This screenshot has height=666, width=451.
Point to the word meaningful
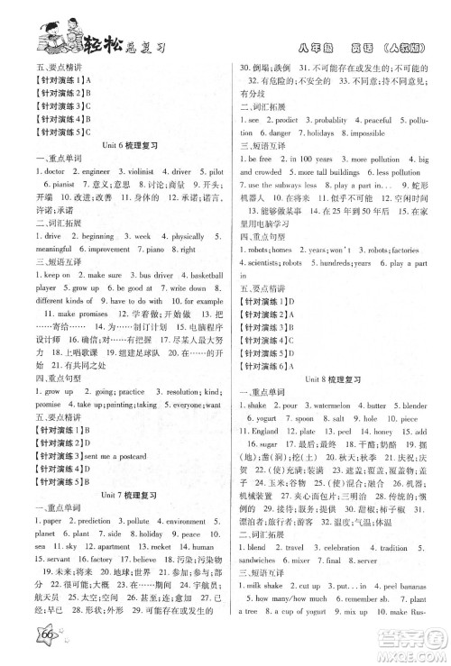click(52, 251)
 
